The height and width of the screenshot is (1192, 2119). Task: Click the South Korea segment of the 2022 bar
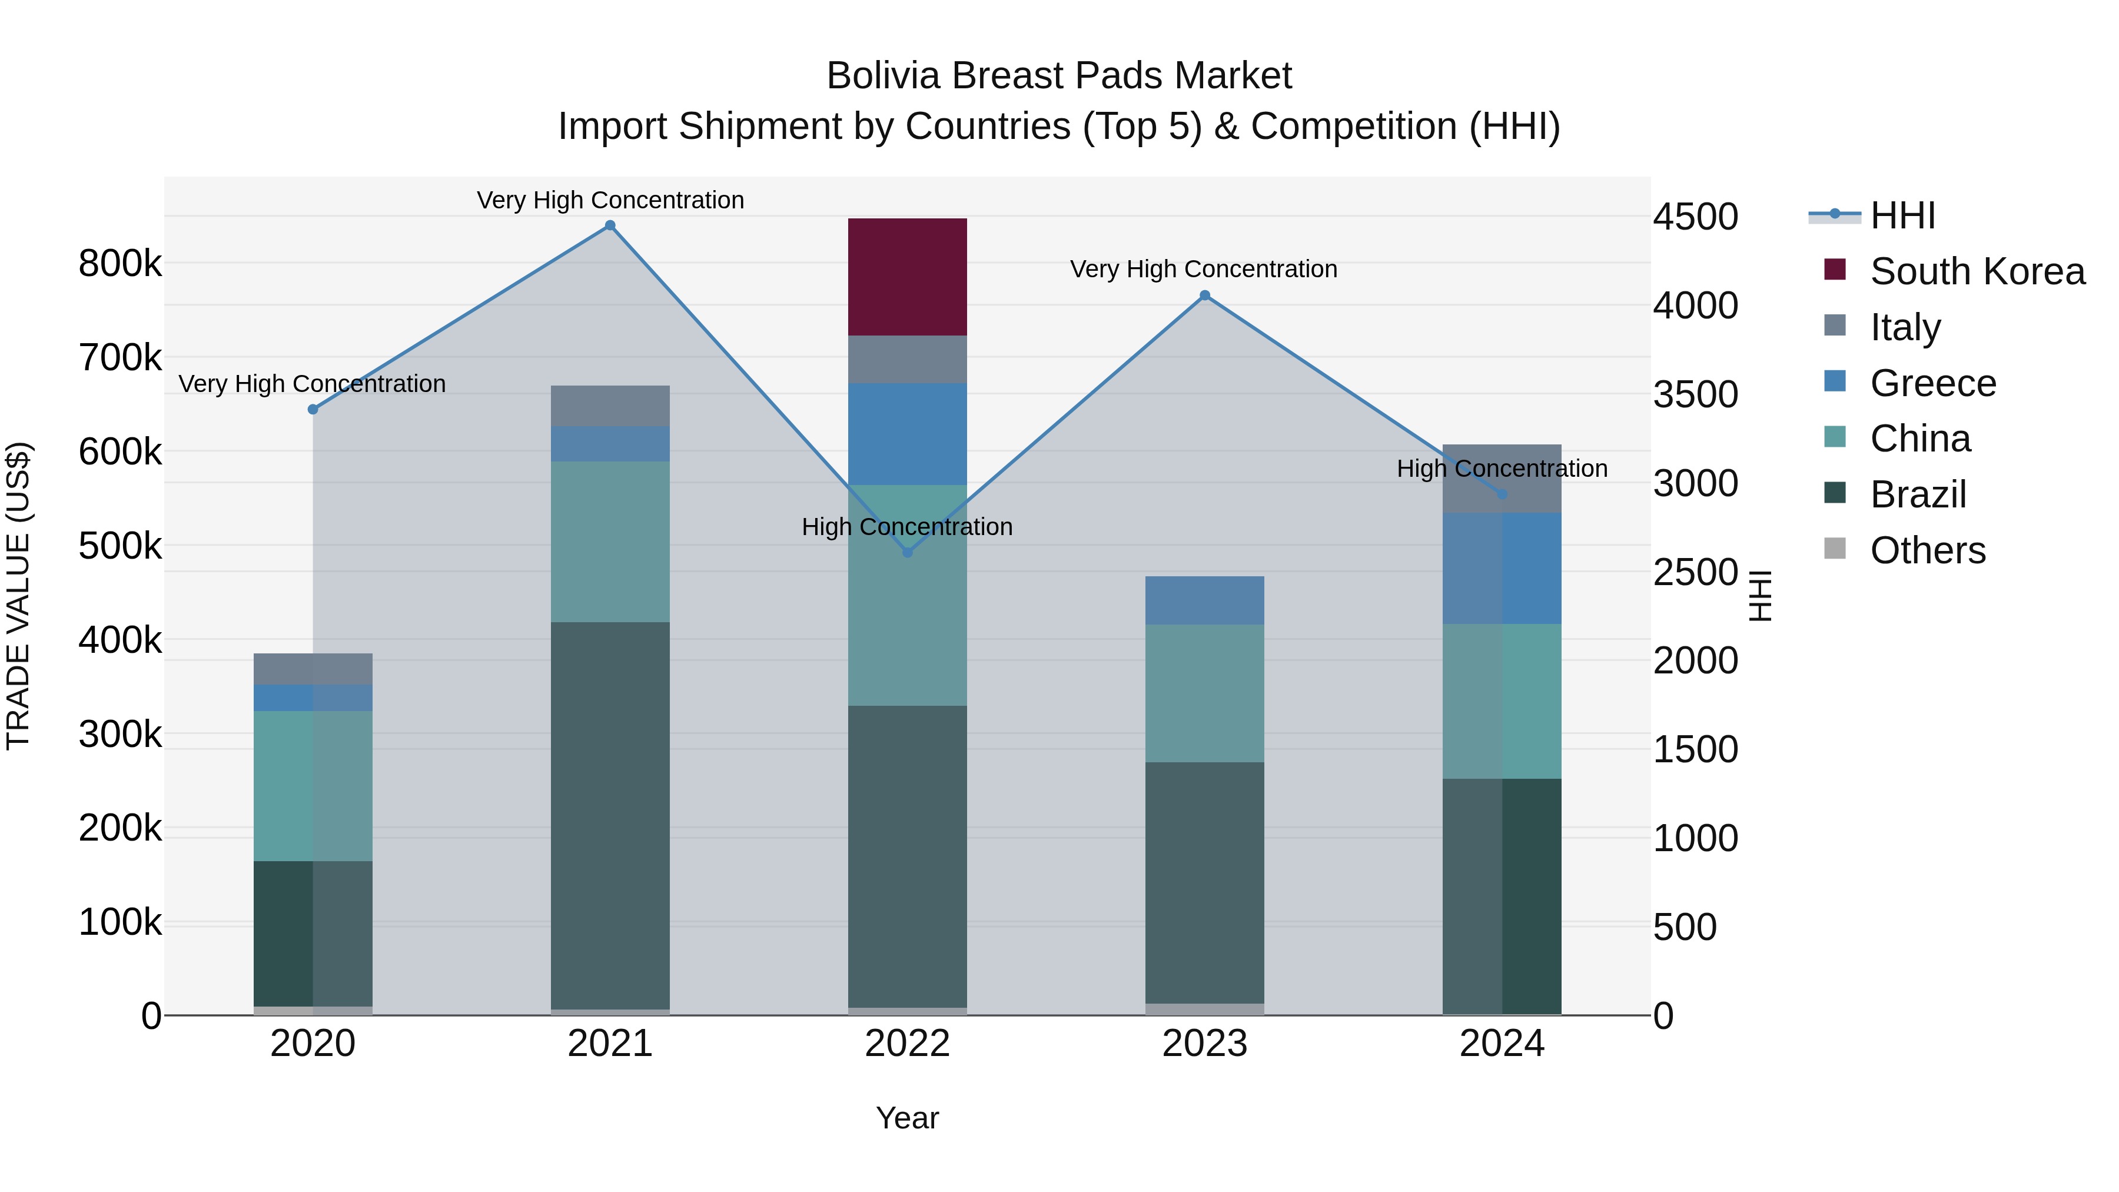[x=906, y=277]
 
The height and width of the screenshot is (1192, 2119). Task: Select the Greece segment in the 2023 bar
[x=1204, y=600]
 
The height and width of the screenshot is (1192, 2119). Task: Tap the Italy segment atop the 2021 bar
[x=610, y=406]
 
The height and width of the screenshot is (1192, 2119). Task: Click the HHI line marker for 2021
[x=610, y=225]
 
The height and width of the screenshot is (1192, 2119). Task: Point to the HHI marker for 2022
[x=907, y=552]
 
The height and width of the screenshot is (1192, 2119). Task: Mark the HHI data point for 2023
[x=1204, y=295]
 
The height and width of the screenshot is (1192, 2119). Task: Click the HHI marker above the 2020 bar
[x=313, y=409]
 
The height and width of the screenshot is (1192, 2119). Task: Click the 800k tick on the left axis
[x=120, y=264]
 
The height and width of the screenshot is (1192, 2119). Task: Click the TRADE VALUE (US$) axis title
[x=18, y=596]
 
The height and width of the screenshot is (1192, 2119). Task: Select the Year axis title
[x=906, y=1118]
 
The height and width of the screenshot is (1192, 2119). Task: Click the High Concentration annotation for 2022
[x=906, y=526]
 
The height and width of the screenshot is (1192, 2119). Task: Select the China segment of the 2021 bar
[x=610, y=542]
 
